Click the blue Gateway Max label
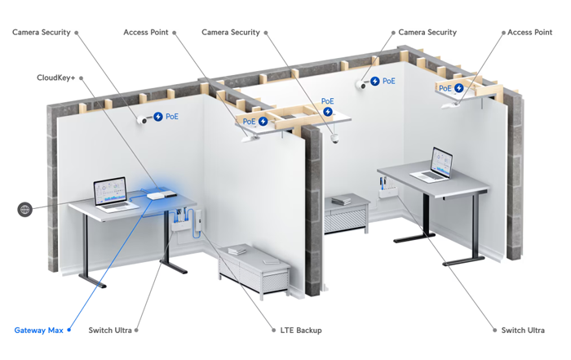[x=38, y=331]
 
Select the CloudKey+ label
[x=55, y=78]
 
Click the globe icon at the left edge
[x=25, y=210]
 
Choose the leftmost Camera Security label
[x=41, y=33]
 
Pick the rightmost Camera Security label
[x=427, y=33]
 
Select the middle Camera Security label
[x=230, y=33]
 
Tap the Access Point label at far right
[x=529, y=33]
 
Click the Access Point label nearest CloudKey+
[x=146, y=33]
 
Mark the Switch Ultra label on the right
[x=523, y=331]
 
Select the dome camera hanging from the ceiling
[x=334, y=140]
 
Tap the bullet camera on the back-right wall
[x=361, y=84]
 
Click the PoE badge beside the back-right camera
[x=383, y=81]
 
